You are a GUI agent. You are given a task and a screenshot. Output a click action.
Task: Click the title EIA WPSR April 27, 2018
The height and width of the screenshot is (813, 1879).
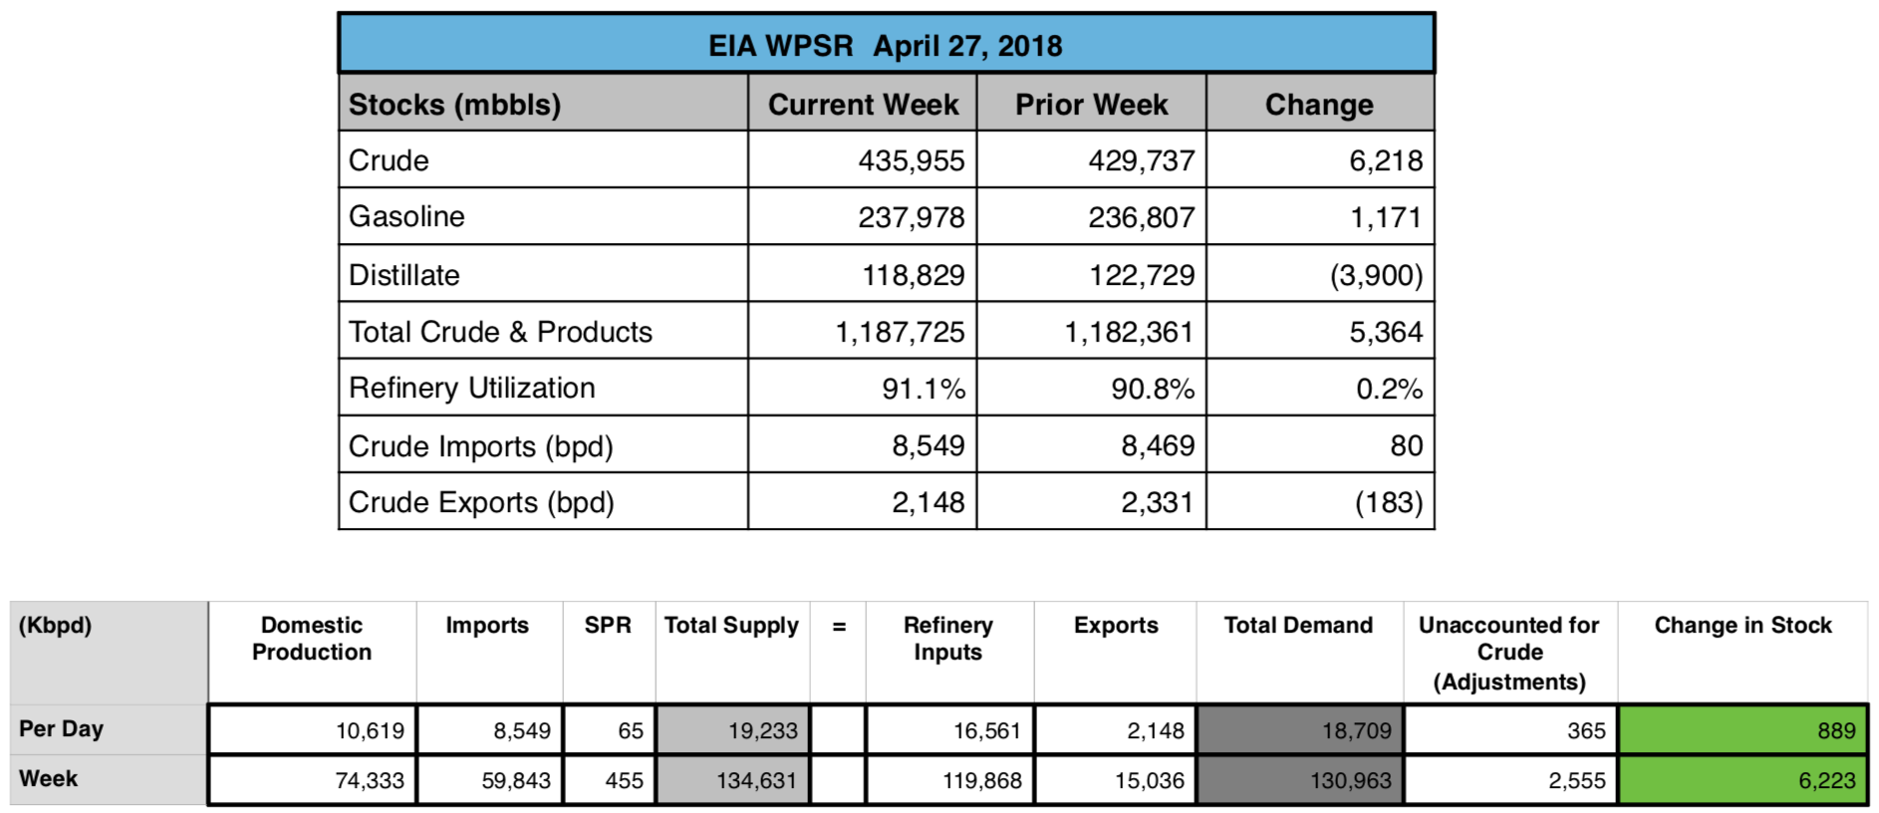point(885,46)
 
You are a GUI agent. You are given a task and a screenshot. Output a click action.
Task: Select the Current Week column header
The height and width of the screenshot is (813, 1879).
point(863,105)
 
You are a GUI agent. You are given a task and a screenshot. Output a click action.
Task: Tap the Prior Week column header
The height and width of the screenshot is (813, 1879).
point(1091,105)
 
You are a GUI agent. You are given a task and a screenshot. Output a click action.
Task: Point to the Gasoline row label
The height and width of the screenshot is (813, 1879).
point(406,217)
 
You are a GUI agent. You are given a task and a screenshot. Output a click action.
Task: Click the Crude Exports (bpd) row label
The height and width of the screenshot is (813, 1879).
point(481,502)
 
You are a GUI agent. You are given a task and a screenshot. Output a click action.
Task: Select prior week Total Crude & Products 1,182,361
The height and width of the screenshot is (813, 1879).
point(1128,332)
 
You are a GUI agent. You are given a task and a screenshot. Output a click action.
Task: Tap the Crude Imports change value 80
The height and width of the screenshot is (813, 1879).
point(1406,445)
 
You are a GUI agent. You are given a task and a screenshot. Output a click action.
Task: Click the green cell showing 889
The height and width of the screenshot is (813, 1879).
point(1743,730)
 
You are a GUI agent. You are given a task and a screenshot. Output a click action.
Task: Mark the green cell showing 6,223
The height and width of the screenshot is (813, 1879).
point(1743,780)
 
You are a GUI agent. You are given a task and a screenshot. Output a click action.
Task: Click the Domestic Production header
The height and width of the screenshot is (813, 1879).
point(312,639)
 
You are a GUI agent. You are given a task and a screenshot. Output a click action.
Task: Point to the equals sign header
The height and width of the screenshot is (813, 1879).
point(839,627)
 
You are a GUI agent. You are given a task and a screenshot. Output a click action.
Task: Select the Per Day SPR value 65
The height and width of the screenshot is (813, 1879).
point(630,730)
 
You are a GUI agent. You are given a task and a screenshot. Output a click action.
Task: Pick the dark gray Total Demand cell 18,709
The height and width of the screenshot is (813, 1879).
point(1300,730)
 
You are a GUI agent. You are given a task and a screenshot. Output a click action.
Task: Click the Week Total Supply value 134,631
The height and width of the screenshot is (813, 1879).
point(755,780)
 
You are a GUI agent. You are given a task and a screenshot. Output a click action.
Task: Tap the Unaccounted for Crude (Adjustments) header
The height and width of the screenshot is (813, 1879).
point(1509,653)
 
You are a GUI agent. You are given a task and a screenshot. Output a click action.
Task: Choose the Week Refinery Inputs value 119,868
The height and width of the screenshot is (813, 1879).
point(981,780)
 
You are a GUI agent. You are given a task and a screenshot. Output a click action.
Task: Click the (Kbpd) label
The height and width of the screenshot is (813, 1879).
point(56,626)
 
